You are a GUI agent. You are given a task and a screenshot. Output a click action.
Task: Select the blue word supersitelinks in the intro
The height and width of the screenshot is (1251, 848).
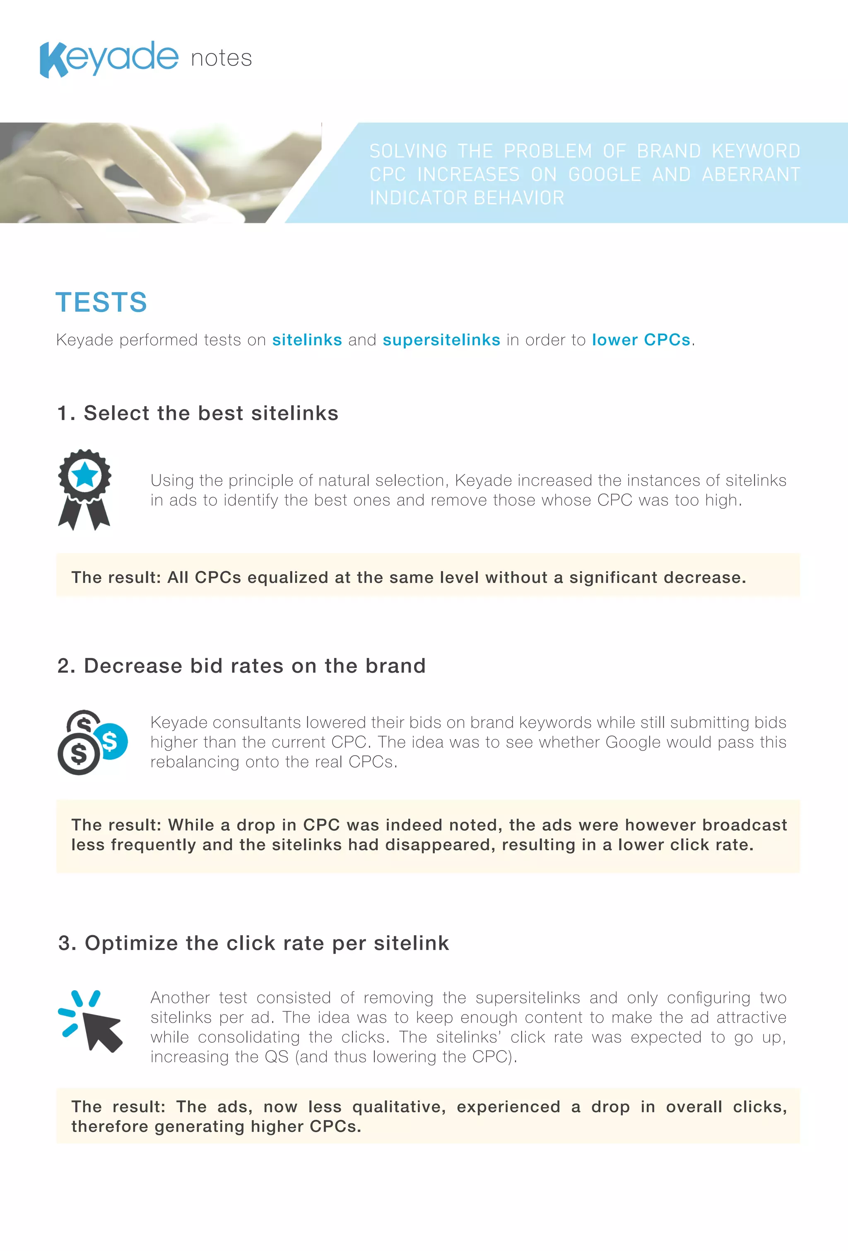click(441, 340)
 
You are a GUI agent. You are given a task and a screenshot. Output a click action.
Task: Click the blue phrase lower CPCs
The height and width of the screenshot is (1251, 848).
click(641, 340)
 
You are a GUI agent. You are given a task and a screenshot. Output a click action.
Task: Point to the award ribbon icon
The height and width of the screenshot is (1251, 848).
click(84, 489)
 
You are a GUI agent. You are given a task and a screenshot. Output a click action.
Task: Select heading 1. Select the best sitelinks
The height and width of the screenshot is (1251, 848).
click(198, 414)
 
